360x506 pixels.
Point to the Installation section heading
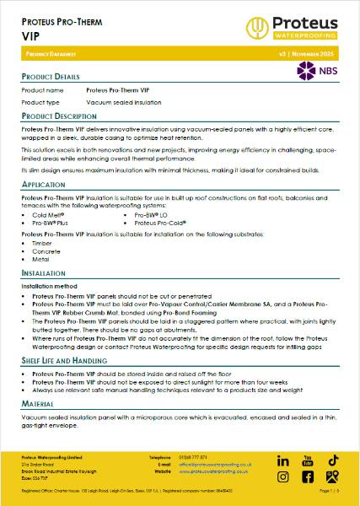(x=43, y=274)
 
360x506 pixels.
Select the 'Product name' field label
(x=42, y=89)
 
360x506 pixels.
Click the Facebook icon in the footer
(x=283, y=476)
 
